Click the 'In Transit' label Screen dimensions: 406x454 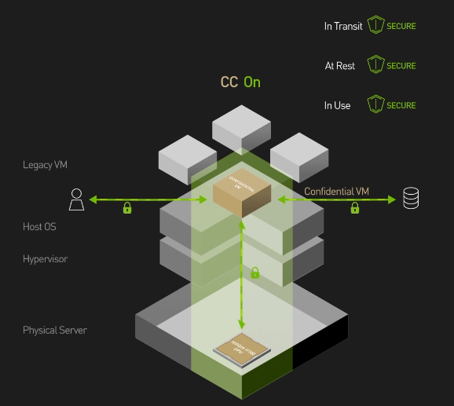click(343, 26)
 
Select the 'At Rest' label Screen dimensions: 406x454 click(340, 66)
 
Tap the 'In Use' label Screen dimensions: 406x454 click(337, 105)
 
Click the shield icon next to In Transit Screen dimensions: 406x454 click(375, 26)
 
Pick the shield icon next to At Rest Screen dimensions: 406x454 click(375, 65)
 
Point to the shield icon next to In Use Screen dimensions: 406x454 click(375, 104)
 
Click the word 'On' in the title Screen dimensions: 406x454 click(252, 82)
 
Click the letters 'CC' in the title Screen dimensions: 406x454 click(229, 82)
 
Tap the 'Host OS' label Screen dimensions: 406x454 click(39, 227)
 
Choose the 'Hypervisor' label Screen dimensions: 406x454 click(45, 259)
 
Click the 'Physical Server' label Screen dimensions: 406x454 click(54, 331)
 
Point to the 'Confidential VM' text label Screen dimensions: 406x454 click(336, 192)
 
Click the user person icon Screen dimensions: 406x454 click(75, 199)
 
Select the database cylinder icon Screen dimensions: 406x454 click(410, 199)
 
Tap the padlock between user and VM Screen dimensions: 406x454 click(126, 209)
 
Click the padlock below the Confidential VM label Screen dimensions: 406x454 click(354, 208)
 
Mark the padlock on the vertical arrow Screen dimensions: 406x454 click(254, 273)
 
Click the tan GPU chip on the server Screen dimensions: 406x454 click(240, 349)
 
